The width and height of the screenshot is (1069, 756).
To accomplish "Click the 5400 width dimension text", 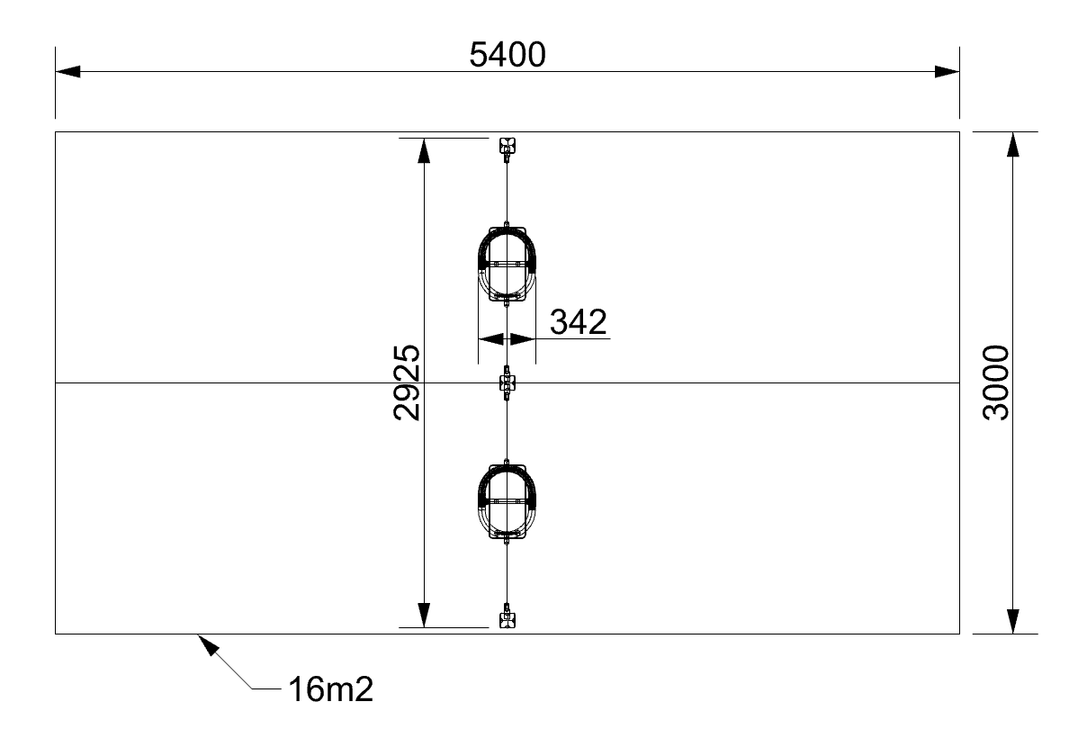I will (x=508, y=55).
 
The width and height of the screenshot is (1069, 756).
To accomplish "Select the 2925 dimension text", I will (x=407, y=382).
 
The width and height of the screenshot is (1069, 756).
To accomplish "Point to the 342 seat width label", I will (x=578, y=322).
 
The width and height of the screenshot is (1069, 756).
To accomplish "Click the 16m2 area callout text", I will (x=330, y=690).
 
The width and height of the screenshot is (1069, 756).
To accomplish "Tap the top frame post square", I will (x=507, y=145).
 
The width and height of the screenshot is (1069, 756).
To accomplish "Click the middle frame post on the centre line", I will (x=507, y=383).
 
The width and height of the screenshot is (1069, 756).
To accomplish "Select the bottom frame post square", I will (x=507, y=620).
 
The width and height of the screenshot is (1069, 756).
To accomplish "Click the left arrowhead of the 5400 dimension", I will (x=68, y=71).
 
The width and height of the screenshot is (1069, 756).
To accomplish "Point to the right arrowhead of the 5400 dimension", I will (x=947, y=71).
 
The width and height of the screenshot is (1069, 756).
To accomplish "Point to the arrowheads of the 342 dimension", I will (x=507, y=339).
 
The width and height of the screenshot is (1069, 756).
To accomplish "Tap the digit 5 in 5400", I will (x=480, y=55).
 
